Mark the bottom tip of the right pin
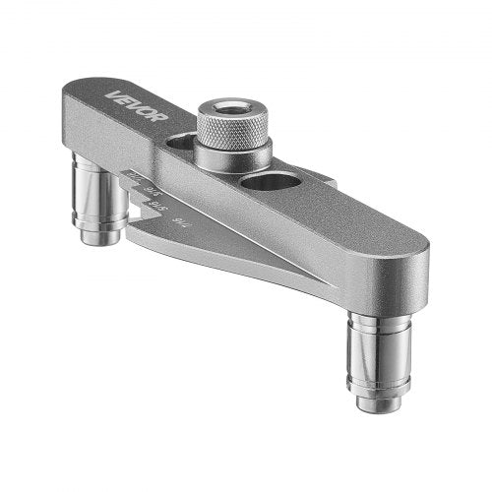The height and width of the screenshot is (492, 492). tap(380, 402)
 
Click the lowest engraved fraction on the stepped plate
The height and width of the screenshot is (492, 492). tap(178, 223)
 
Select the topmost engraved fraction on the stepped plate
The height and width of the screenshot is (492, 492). tap(136, 176)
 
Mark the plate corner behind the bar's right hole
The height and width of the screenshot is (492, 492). tap(330, 182)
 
